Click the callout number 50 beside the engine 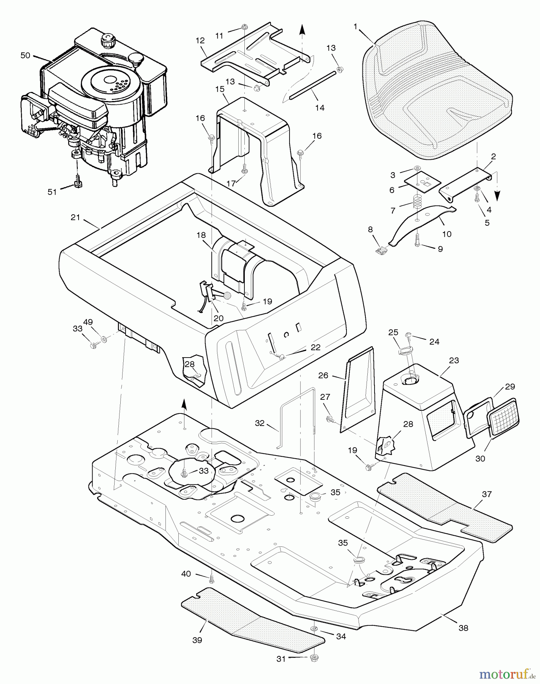click(x=25, y=55)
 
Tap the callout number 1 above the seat click(x=355, y=27)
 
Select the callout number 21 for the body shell click(x=76, y=217)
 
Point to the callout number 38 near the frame click(x=463, y=628)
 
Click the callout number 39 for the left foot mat click(x=197, y=640)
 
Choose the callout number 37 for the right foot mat click(x=486, y=494)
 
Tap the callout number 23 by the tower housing click(x=454, y=360)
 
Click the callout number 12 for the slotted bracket click(x=200, y=40)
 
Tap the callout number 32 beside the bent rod click(x=260, y=423)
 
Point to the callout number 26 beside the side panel click(x=323, y=375)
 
